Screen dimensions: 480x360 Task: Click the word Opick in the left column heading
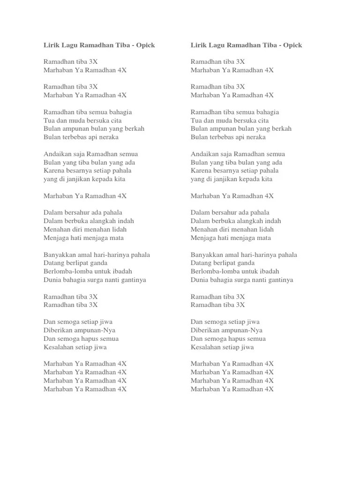tap(145, 45)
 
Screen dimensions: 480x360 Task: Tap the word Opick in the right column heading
tap(292, 45)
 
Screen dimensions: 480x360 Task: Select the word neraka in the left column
tap(107, 137)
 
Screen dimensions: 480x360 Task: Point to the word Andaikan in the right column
tap(204, 154)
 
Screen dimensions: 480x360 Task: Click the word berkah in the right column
tap(281, 129)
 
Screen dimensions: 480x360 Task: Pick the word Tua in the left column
tap(49, 120)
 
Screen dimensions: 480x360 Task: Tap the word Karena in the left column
tap(53, 171)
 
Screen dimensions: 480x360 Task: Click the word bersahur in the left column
tap(77, 213)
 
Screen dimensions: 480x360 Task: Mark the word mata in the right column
tap(263, 238)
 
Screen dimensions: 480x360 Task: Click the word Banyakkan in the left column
tap(60, 255)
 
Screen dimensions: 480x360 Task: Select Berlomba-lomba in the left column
tap(66, 271)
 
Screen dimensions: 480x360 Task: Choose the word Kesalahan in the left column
tap(59, 347)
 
